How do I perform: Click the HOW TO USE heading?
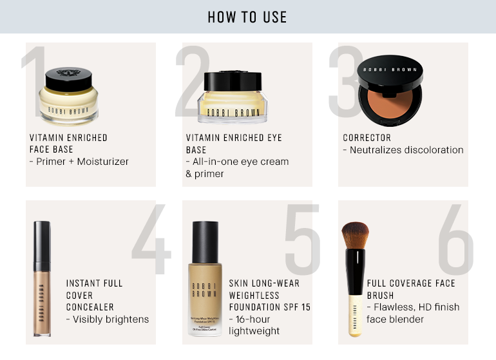pos(247,17)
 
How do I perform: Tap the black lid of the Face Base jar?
pos(69,79)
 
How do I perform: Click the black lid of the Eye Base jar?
pos(233,81)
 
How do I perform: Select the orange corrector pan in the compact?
pos(390,106)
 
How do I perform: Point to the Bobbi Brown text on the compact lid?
pos(390,70)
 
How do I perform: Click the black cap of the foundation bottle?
pos(205,242)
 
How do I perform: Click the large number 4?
pos(151,239)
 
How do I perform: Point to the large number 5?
pos(302,239)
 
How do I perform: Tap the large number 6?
pos(455,239)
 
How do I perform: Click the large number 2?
pos(193,82)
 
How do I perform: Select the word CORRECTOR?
pos(367,138)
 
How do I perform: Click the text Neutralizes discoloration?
pos(406,150)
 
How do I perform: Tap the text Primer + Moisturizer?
pos(82,162)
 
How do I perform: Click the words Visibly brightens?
pos(111,319)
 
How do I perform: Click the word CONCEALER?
pos(90,307)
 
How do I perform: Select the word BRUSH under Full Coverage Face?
pos(380,296)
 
